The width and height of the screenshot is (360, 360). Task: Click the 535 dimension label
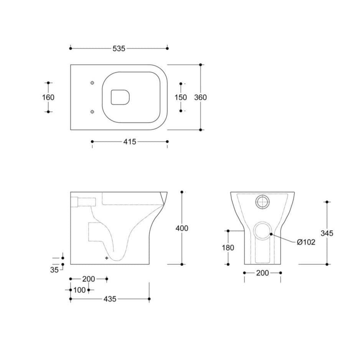coord(119,48)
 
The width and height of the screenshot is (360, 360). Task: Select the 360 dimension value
coord(200,97)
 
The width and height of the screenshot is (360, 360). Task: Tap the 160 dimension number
coord(48,97)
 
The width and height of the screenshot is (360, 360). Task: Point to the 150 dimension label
coord(181,97)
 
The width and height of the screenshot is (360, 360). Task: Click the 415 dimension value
coord(130,142)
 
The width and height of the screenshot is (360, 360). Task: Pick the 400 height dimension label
coord(182,228)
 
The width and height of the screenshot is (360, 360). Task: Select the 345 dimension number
coord(327,233)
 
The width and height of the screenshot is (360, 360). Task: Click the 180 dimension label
coord(228,248)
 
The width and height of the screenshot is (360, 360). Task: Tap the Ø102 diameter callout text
coord(306,242)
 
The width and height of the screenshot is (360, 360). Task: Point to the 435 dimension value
coord(109,299)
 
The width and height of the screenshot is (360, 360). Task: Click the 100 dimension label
coord(79,290)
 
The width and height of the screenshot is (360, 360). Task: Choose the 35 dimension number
coord(54,269)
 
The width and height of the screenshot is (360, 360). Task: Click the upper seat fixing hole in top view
coord(92,83)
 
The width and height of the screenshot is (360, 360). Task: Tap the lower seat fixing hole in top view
coord(92,112)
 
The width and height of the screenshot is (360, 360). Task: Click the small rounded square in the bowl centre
coord(121,97)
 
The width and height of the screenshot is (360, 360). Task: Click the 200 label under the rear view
coord(263,273)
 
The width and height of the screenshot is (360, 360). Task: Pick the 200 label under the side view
coord(89,279)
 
